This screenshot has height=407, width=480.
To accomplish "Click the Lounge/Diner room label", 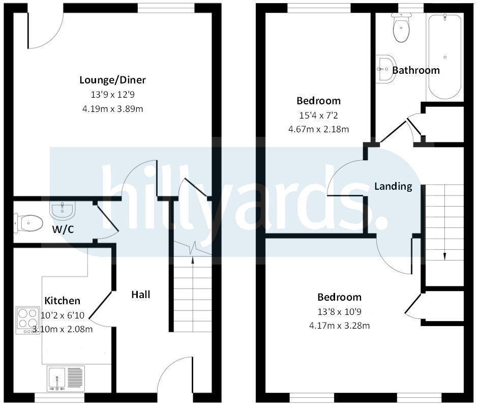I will coord(112,80).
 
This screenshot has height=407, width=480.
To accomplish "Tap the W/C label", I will coord(63,229).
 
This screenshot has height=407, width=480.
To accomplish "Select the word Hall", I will coord(141,295).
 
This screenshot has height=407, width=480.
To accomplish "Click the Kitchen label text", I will coord(62,301).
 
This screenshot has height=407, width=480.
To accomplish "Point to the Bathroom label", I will coord(416,70).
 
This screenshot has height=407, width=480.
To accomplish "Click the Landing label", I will coord(393,186).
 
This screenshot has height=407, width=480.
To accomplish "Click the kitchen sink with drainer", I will coord(65,380).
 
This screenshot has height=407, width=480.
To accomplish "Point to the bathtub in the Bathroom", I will coord(445,56).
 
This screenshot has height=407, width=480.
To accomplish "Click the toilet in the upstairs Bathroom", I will coord(401,29).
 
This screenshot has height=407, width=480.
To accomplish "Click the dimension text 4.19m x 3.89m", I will coord(112,109).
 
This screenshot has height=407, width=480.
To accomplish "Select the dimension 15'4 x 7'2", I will coord(318,115).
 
